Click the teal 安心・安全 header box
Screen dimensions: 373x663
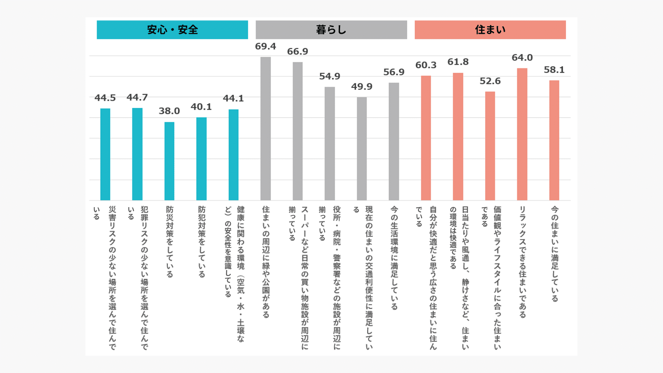[x=172, y=30]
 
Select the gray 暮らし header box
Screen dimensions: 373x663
[x=331, y=30]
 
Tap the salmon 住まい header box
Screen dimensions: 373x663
[x=490, y=30]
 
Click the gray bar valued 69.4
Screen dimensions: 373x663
[x=266, y=128]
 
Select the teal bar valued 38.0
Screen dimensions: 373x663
[x=169, y=161]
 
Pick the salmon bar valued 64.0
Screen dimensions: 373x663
[x=522, y=134]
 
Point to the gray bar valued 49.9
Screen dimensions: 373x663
[x=362, y=149]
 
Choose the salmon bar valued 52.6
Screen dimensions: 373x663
[x=490, y=146]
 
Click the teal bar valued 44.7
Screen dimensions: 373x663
[x=137, y=154]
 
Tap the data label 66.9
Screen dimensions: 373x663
[x=297, y=51]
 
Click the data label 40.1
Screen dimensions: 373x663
[x=201, y=107]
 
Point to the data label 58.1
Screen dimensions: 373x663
[x=554, y=70]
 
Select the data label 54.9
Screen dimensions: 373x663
[x=329, y=76]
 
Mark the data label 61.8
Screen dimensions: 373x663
[x=458, y=62]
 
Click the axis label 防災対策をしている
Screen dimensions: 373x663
[x=170, y=242]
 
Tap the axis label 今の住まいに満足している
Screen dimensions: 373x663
[x=555, y=254]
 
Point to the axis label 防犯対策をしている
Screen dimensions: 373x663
[x=202, y=242]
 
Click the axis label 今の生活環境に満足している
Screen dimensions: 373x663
[x=394, y=258]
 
